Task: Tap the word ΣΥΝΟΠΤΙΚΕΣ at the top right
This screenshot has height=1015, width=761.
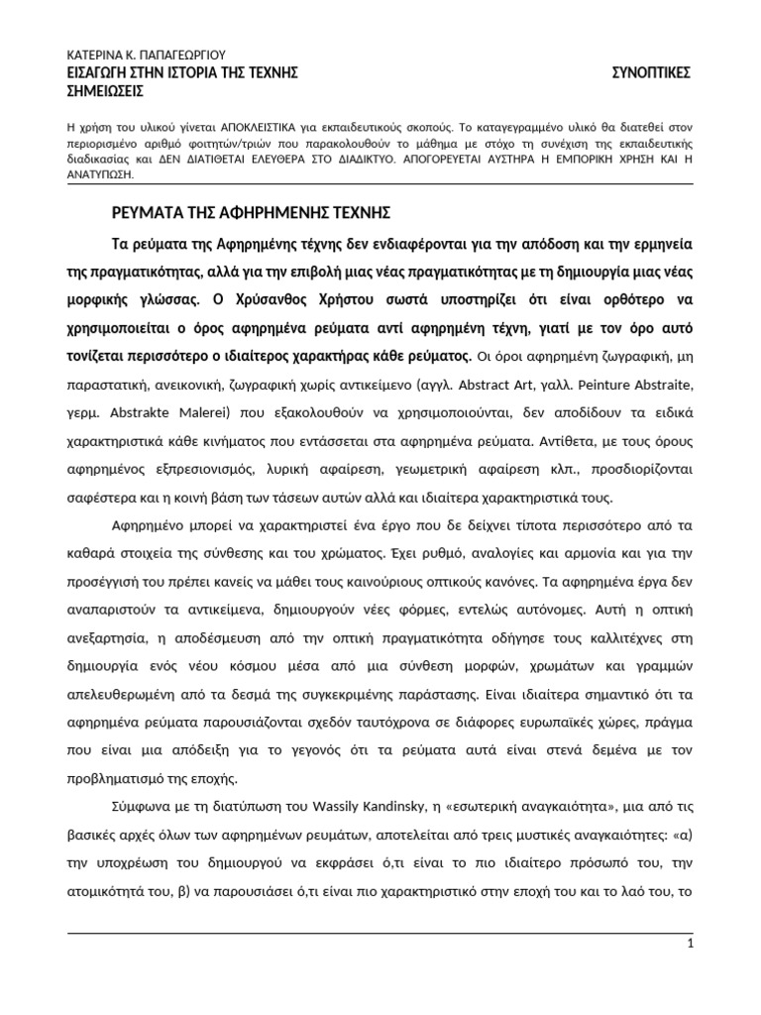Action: [x=649, y=72]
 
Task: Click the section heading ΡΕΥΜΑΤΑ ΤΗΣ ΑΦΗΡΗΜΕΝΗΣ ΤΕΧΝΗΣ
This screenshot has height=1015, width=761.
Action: [x=251, y=212]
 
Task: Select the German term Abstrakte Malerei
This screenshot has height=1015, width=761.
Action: [x=150, y=408]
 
